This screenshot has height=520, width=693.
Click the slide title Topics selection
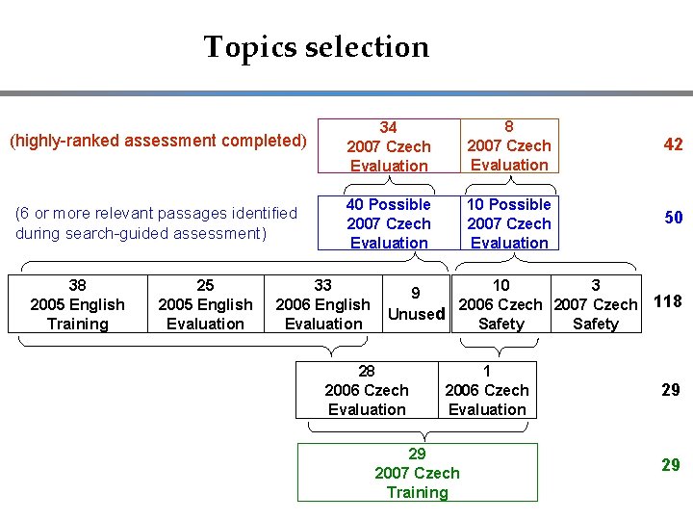(316, 46)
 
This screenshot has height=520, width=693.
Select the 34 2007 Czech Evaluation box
(389, 145)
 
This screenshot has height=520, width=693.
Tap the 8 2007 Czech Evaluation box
(509, 145)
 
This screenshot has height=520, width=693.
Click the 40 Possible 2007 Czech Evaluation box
(389, 223)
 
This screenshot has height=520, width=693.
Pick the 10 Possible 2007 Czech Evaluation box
(509, 223)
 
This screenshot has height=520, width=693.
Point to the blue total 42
(673, 144)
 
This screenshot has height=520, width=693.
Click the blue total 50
(673, 218)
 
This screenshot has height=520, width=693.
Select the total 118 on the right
(667, 301)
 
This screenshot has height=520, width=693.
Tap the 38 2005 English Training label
(78, 304)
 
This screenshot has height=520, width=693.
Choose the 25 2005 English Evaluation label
(205, 304)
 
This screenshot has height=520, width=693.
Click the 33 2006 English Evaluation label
(323, 304)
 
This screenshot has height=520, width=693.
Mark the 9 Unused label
(415, 303)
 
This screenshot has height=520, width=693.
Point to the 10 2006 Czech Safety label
(500, 304)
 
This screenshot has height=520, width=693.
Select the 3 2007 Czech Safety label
(596, 304)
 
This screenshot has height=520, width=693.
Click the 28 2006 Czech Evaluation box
(367, 390)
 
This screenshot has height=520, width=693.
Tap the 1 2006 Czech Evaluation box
(487, 390)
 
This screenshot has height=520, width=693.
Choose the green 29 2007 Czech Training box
(417, 473)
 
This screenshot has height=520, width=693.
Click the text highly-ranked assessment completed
(157, 141)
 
